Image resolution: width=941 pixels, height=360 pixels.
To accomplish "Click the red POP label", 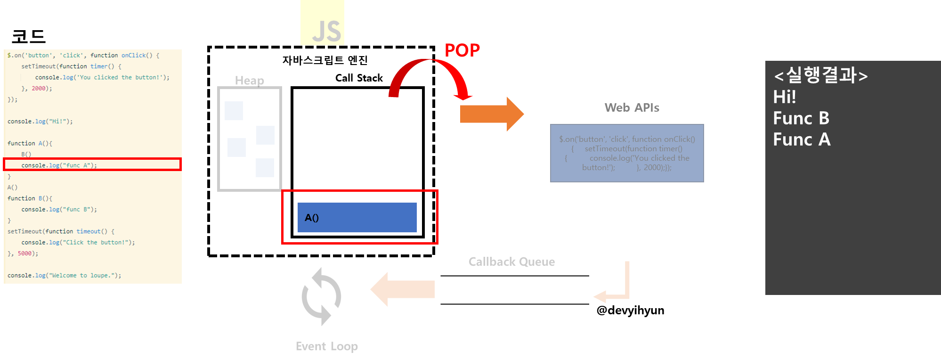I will [x=462, y=50].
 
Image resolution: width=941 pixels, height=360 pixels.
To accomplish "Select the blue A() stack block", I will [x=357, y=217].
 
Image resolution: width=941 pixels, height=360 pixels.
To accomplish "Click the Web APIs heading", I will [x=632, y=108].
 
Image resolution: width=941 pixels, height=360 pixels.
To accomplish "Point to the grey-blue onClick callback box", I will [x=627, y=153].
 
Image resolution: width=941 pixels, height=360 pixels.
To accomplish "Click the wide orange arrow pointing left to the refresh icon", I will [x=403, y=289].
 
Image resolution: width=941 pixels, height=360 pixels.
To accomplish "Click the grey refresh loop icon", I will [x=321, y=296].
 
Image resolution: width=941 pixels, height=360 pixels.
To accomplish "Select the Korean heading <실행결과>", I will [x=820, y=75].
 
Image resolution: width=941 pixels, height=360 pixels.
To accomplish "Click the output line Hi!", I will [x=785, y=97].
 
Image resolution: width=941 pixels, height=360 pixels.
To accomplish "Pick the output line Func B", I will [x=801, y=118].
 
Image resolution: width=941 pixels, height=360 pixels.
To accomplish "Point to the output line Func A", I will [x=802, y=139].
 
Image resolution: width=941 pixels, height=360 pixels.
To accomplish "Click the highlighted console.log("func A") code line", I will [x=59, y=165].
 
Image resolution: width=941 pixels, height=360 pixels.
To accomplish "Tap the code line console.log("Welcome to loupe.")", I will [x=64, y=276].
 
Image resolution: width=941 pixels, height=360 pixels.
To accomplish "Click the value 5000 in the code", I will [x=24, y=254].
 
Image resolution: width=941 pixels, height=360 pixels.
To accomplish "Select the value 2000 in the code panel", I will [x=39, y=89].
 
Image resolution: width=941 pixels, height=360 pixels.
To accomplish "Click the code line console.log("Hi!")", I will [x=40, y=122].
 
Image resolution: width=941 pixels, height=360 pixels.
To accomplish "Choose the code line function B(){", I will [x=30, y=198].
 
